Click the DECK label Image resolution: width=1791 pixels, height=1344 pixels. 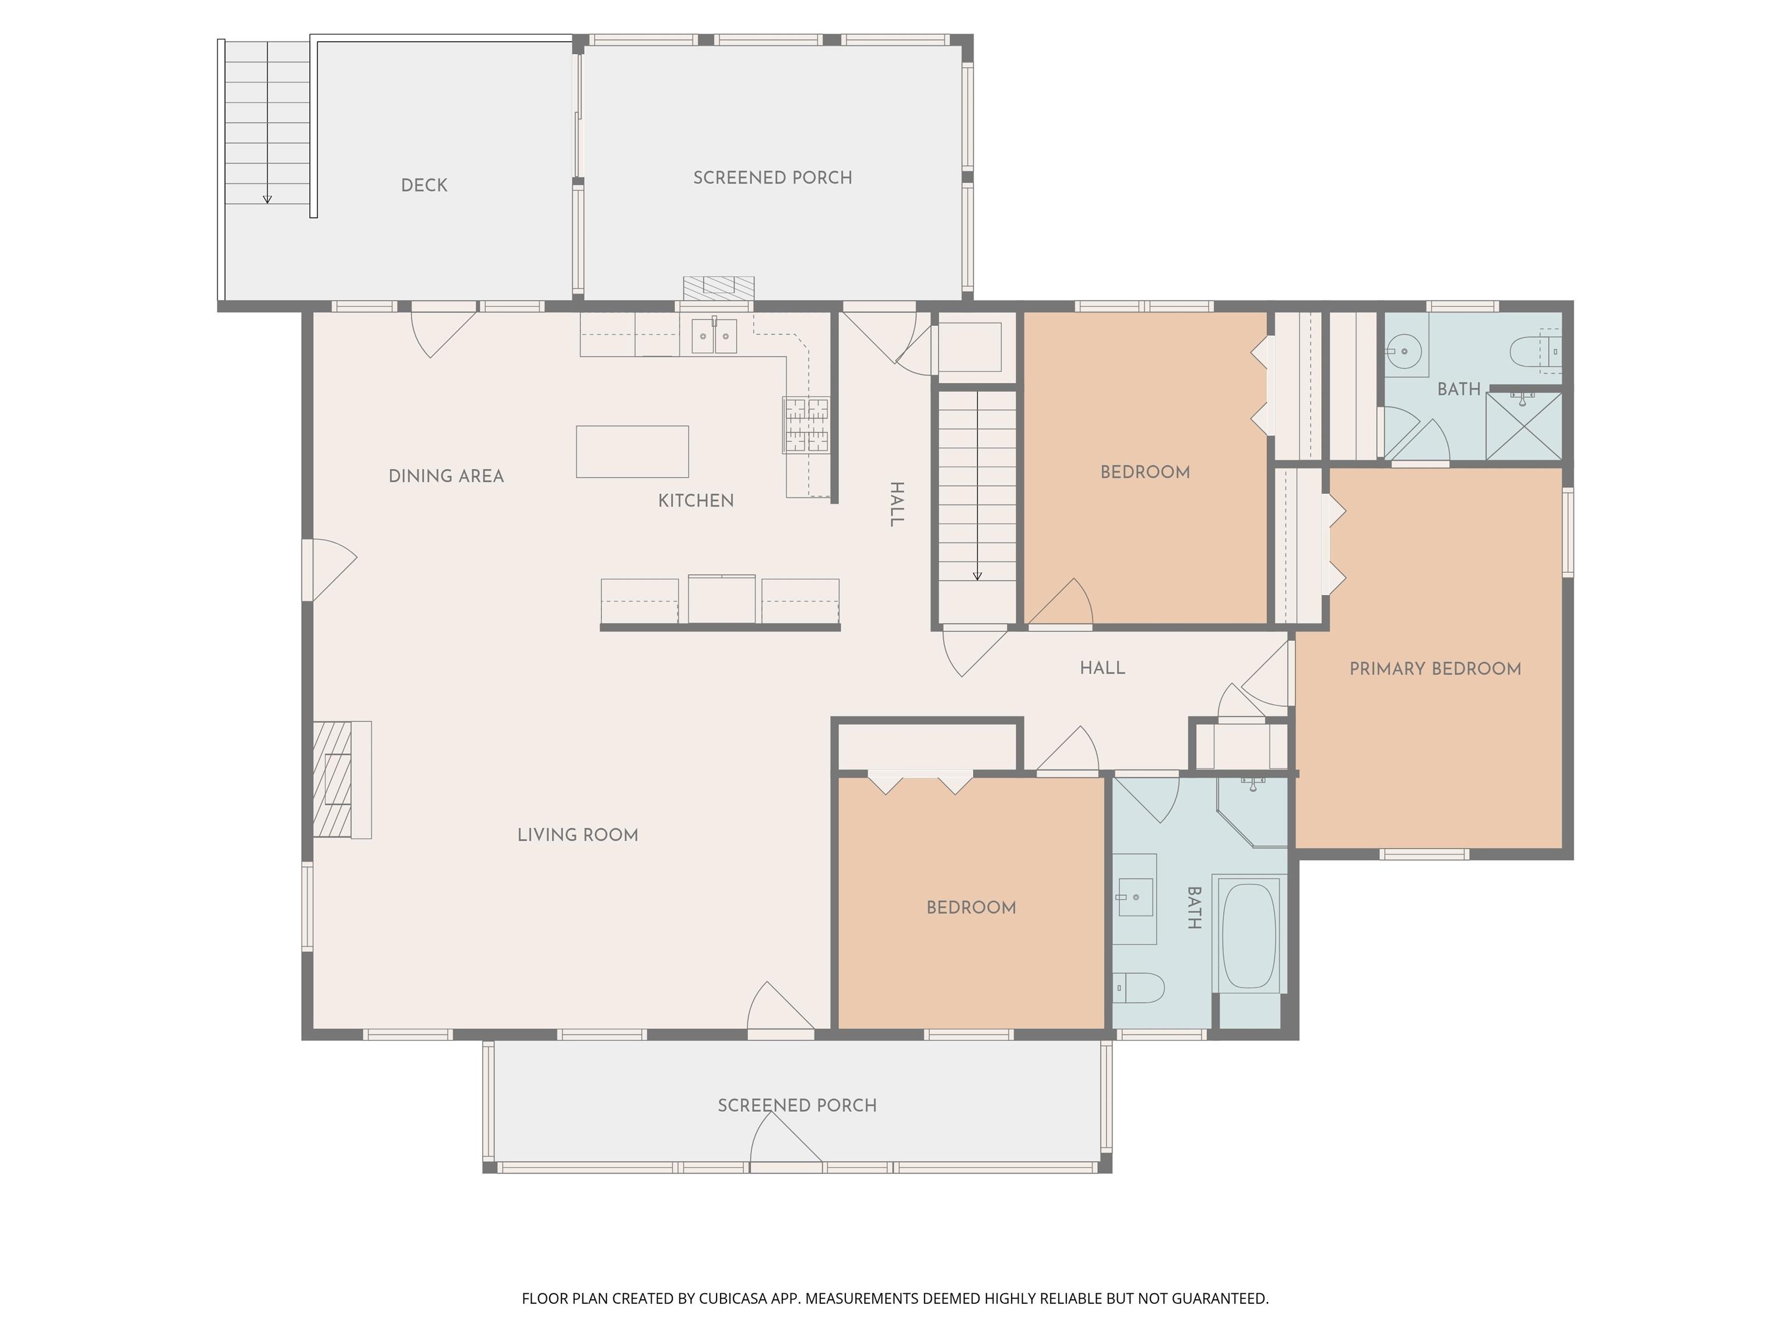click(424, 185)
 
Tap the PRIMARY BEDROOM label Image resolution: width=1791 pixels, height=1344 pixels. click(1435, 668)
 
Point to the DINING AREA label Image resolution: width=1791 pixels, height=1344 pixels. click(446, 477)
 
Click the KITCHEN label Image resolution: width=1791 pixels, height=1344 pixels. click(696, 501)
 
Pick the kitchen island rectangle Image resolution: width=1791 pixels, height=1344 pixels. click(633, 452)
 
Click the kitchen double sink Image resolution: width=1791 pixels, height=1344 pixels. click(714, 335)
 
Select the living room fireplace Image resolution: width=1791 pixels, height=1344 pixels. click(342, 779)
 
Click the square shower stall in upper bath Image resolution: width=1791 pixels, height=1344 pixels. click(1524, 426)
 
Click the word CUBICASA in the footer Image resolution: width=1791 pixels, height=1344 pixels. click(733, 1298)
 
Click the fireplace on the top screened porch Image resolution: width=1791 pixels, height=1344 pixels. click(718, 288)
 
